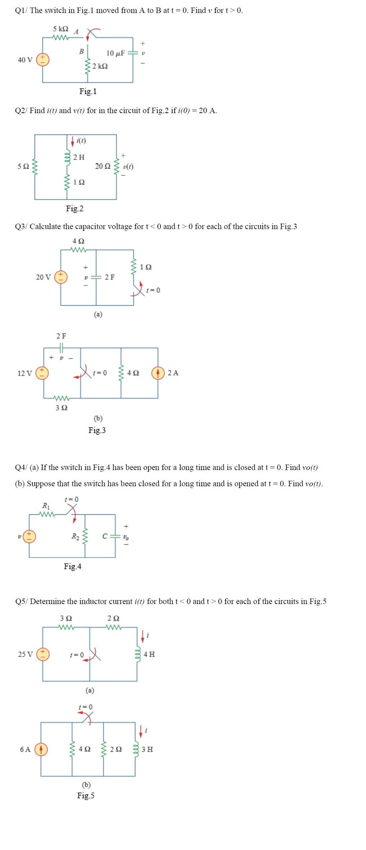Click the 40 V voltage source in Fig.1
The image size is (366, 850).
point(43,59)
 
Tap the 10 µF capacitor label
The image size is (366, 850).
point(115,53)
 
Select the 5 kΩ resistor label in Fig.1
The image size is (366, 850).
point(60,29)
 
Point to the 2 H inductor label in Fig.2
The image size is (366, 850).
point(79,157)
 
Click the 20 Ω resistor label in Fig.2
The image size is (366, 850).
point(103,166)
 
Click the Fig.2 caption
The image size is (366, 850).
point(75,209)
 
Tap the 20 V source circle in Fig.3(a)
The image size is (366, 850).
point(61,277)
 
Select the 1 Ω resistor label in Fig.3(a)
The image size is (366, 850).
point(146,267)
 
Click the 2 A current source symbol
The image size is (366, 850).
point(158,373)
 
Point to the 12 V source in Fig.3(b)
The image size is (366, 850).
point(43,373)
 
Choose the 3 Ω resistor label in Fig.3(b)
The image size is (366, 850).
point(61,408)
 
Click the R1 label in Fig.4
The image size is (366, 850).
point(46,506)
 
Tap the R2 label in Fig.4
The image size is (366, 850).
point(75,537)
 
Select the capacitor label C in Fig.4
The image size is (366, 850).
point(104,536)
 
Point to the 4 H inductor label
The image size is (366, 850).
point(149,654)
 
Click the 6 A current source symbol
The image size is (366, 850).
point(41,749)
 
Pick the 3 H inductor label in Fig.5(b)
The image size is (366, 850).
point(147,749)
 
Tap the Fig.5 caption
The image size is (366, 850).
point(86,796)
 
